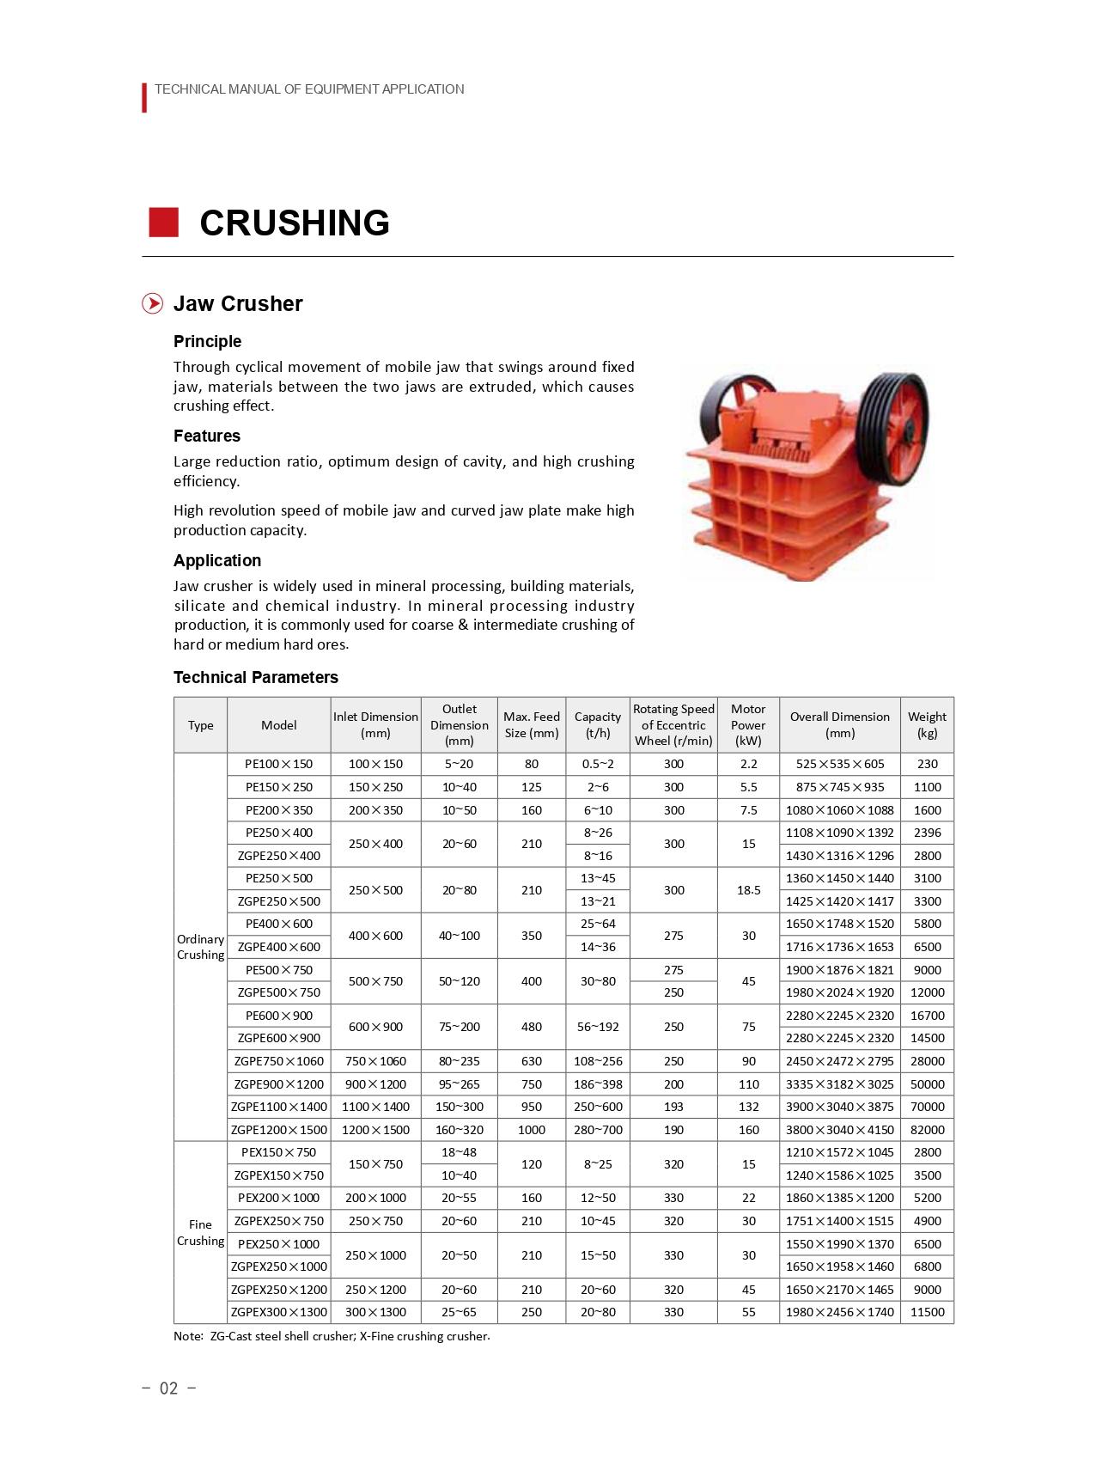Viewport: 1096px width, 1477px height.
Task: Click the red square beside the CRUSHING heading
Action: tap(163, 222)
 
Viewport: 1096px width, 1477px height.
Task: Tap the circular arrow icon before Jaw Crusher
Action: tap(152, 303)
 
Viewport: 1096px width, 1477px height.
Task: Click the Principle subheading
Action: tap(207, 341)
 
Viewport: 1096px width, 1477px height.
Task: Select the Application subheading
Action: tap(217, 560)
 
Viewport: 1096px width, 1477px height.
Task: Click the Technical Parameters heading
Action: tap(256, 677)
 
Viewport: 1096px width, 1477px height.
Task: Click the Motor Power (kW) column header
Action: tap(748, 724)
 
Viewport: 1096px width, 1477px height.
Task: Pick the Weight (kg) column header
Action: tap(927, 724)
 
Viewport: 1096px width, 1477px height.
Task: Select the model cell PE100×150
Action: tap(278, 764)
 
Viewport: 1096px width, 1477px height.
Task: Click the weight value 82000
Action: tap(927, 1130)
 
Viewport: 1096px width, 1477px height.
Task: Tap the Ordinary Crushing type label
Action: tap(200, 947)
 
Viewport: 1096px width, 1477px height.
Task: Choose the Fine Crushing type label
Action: tap(200, 1232)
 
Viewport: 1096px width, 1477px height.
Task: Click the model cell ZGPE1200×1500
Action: tap(278, 1130)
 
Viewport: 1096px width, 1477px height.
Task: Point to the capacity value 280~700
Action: tap(598, 1130)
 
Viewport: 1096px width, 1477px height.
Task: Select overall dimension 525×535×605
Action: tap(839, 764)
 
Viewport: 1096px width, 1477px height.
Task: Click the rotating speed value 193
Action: tap(673, 1107)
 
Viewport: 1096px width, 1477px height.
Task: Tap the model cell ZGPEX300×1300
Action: tap(278, 1312)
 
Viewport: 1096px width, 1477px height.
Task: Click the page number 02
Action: tap(169, 1389)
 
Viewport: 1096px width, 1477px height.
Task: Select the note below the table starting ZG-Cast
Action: tap(332, 1336)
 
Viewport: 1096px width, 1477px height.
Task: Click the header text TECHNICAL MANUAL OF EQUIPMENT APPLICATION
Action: tap(309, 89)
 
